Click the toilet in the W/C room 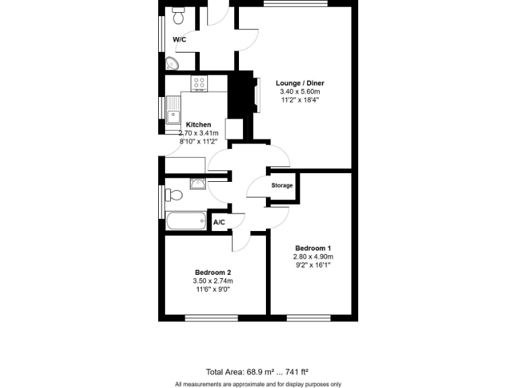point(178,14)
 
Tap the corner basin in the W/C point(172,63)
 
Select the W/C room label point(179,40)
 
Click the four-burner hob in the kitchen point(199,83)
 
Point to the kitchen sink point(173,110)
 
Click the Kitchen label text point(199,125)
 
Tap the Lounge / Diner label point(300,84)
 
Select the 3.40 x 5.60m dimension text point(300,92)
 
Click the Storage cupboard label point(282,185)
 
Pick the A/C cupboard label point(219,222)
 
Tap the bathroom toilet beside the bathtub point(174,195)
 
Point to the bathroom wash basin point(199,184)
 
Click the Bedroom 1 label point(313,248)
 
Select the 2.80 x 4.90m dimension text point(313,257)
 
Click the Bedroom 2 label point(213,272)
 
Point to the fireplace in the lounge point(254,94)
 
